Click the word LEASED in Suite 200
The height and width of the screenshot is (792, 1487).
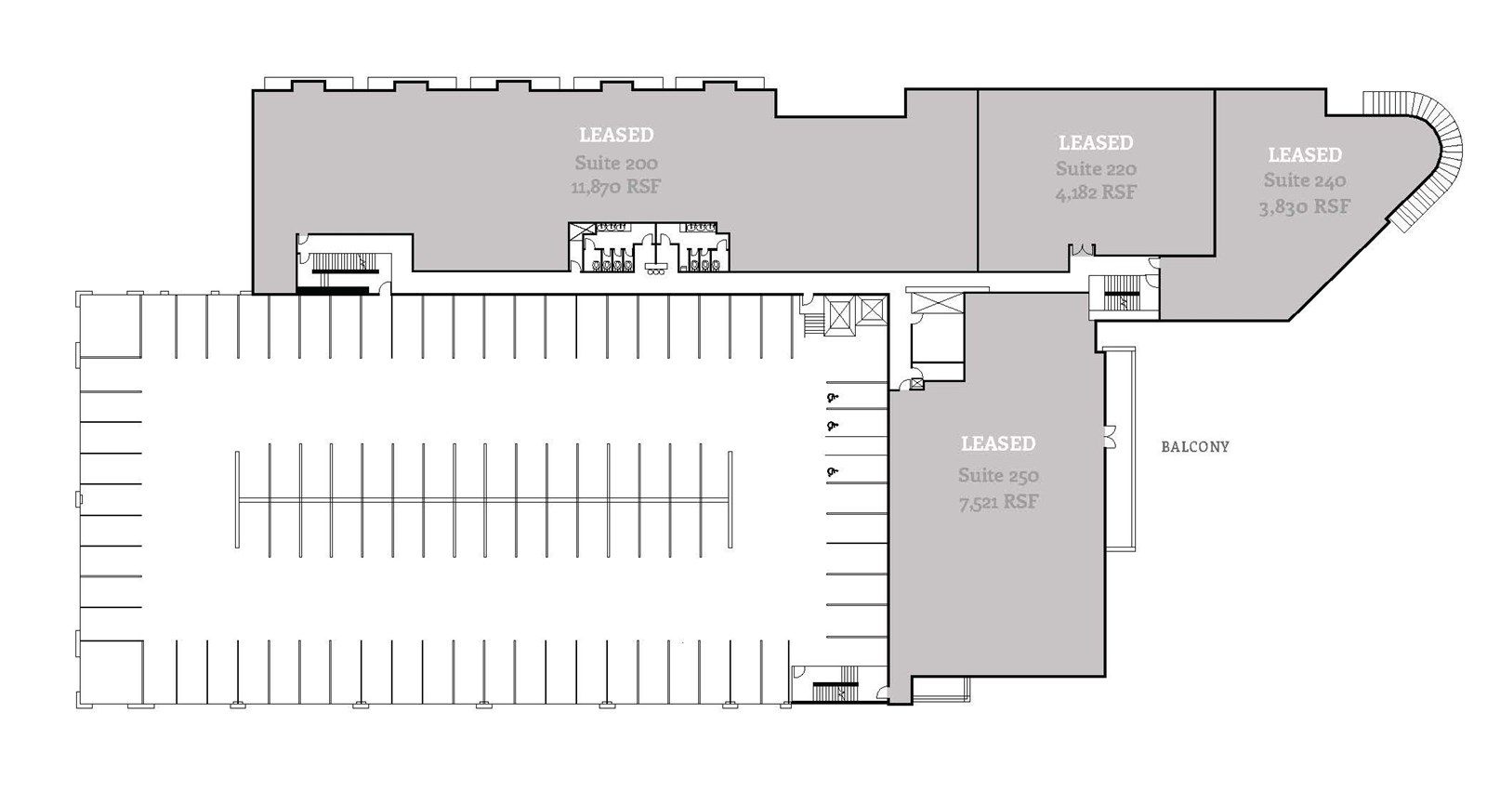pos(616,135)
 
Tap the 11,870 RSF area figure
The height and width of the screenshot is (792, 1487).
pos(615,187)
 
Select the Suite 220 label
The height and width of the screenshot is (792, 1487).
pos(1096,168)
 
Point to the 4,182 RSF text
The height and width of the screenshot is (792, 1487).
pos(1096,192)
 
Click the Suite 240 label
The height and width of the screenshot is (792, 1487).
pos(1304,180)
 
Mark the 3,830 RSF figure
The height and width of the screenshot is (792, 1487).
pos(1304,206)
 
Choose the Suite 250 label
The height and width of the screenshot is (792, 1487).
pos(998,475)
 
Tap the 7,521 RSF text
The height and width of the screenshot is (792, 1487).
pos(998,502)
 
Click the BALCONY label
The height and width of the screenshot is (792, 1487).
pos(1194,447)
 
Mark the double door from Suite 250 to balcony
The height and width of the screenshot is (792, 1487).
pos(1110,435)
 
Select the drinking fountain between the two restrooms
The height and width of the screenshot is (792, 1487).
pos(657,265)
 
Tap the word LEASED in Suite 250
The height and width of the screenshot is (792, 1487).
pos(998,443)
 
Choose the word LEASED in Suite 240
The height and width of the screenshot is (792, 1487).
pos(1304,154)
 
